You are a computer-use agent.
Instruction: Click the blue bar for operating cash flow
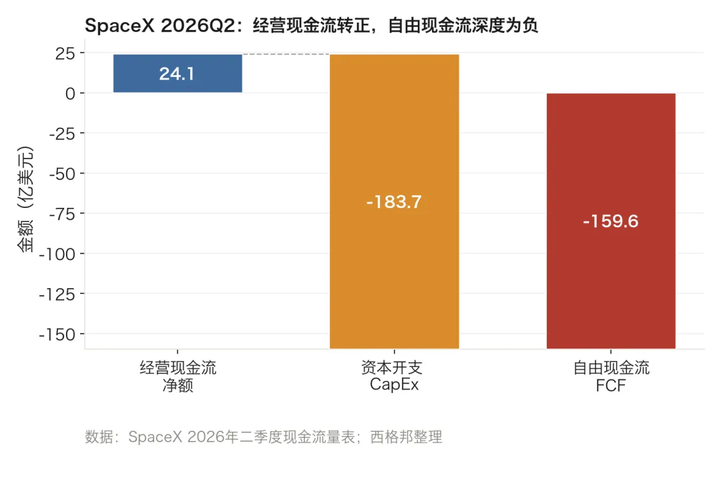click(178, 74)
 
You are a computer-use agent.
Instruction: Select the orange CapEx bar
click(394, 201)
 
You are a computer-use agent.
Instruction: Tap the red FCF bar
click(611, 221)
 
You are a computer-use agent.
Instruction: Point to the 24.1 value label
click(177, 74)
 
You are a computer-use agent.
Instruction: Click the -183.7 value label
click(394, 202)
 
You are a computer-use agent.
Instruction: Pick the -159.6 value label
click(611, 221)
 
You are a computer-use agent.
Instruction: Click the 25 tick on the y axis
click(65, 53)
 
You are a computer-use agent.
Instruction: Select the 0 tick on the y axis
click(70, 94)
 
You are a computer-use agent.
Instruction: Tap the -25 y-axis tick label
click(62, 134)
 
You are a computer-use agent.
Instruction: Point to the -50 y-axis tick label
click(62, 174)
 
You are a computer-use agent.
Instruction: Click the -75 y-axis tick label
click(62, 214)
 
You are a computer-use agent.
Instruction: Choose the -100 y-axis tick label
click(57, 254)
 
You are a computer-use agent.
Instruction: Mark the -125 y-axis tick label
click(57, 294)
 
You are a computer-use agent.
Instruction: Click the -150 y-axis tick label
click(57, 334)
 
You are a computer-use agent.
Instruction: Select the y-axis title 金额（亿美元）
click(25, 199)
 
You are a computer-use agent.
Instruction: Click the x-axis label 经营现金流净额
click(178, 376)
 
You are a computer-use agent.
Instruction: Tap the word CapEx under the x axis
click(394, 384)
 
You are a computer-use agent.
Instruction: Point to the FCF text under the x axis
click(611, 385)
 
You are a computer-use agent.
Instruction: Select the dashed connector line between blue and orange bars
click(286, 54)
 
